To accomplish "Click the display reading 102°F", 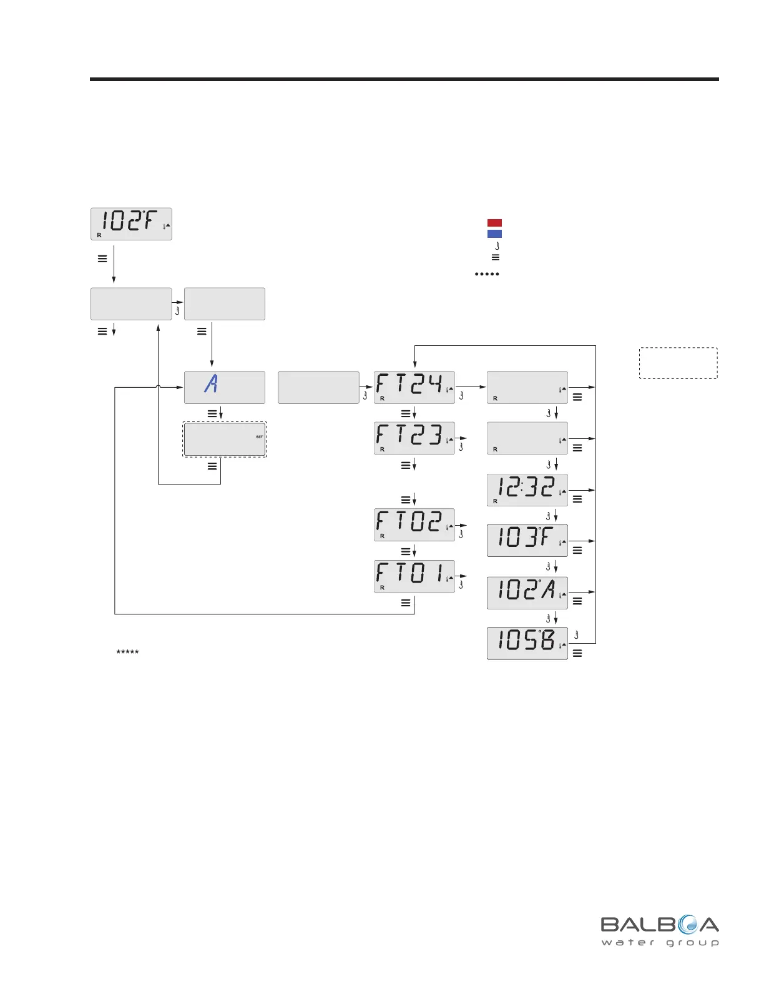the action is (x=131, y=224).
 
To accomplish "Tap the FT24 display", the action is (x=414, y=387).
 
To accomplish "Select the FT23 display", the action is (x=414, y=438).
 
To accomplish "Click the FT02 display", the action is (x=414, y=524).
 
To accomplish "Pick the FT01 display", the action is (x=414, y=576).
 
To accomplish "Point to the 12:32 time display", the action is (x=527, y=490).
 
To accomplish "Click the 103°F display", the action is (x=527, y=541).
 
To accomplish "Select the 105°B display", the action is (x=527, y=643).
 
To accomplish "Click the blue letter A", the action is (x=211, y=382).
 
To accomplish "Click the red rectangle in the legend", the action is (x=494, y=223).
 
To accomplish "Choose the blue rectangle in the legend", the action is (x=494, y=234).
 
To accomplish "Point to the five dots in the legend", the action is (x=487, y=274).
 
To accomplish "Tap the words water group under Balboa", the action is (x=660, y=943).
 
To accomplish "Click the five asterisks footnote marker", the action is (x=127, y=652).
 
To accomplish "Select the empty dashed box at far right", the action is (x=678, y=363).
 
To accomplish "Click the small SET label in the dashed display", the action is (x=260, y=437).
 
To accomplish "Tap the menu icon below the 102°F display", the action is (x=102, y=258).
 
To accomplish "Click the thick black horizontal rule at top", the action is (x=404, y=79).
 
